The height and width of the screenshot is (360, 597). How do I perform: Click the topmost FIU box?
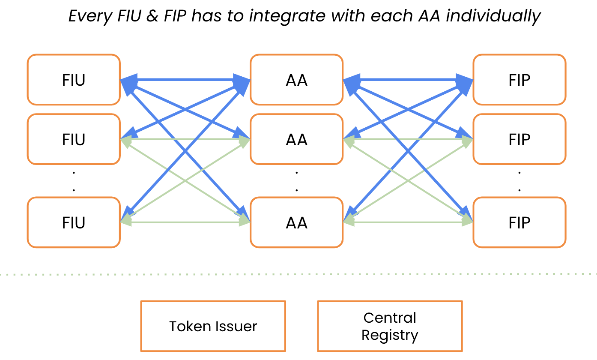tap(74, 80)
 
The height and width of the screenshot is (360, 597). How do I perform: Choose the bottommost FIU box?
tap(74, 222)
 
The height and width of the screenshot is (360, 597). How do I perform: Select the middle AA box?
tap(296, 139)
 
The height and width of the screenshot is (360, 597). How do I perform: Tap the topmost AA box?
tap(296, 80)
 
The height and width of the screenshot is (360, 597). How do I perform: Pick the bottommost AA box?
tap(296, 222)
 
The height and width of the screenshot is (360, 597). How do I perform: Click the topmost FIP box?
tap(519, 80)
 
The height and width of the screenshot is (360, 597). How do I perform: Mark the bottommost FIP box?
tap(519, 222)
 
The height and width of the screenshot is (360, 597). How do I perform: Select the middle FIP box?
tap(519, 139)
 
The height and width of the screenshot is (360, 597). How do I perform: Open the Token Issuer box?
tap(213, 326)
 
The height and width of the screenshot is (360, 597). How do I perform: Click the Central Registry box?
tap(390, 326)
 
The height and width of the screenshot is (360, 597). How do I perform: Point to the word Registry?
tap(390, 335)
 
